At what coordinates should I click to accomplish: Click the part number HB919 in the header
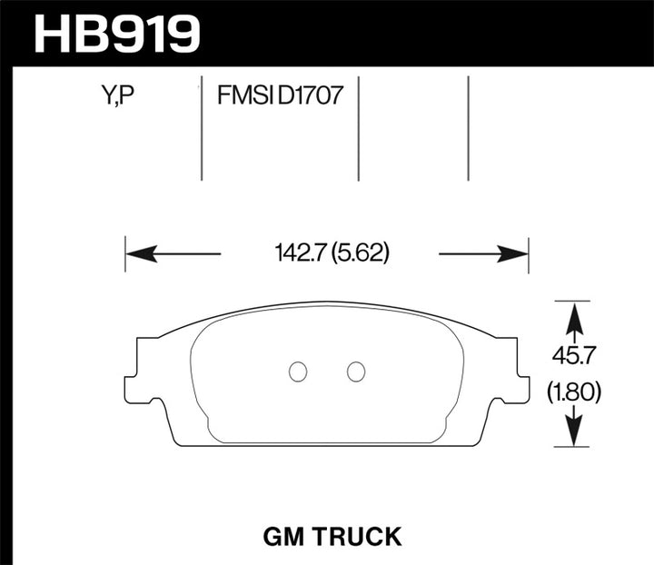point(115,35)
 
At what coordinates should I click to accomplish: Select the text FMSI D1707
point(279,94)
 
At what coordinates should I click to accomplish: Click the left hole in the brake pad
point(297,371)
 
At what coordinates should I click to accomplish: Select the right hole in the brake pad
point(356,371)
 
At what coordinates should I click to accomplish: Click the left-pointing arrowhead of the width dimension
point(136,253)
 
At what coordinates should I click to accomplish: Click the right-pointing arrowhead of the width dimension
point(518,253)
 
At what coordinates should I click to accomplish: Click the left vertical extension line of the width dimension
point(125,253)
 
